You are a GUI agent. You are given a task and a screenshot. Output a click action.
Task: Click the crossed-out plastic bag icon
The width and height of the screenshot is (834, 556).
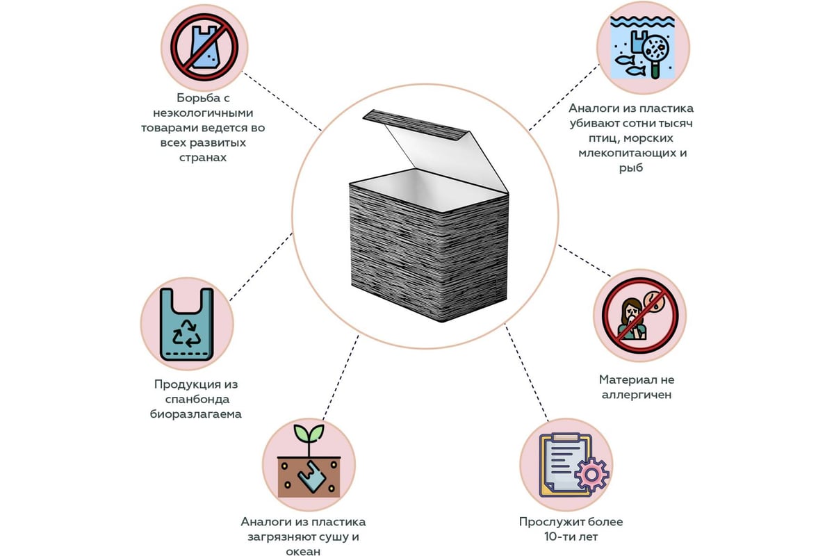pyautogui.click(x=204, y=47)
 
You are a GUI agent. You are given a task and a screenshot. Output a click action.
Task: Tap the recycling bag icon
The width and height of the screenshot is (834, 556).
pyautogui.click(x=186, y=324)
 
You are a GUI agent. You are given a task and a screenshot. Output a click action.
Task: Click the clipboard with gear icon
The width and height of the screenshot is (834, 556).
pyautogui.click(x=564, y=464)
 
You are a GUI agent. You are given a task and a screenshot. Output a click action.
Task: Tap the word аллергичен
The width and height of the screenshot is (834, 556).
pyautogui.click(x=637, y=395)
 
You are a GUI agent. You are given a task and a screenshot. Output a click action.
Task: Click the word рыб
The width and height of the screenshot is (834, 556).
pyautogui.click(x=631, y=168)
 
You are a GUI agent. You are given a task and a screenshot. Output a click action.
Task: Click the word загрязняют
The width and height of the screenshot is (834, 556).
pyautogui.click(x=278, y=537)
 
